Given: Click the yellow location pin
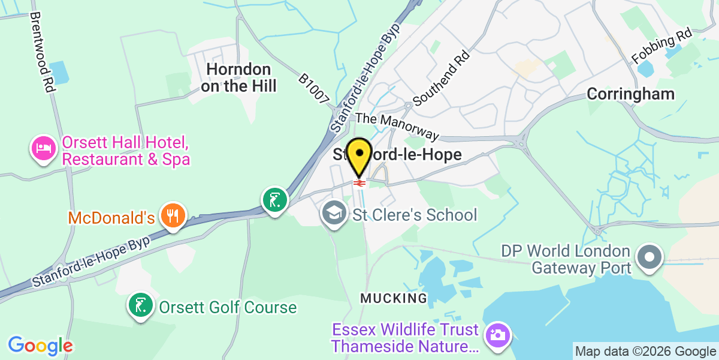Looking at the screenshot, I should coord(359,154).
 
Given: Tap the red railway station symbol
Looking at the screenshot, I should coord(359,182).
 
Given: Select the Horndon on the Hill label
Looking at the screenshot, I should coord(239,78).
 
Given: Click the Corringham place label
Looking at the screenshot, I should coord(630,94).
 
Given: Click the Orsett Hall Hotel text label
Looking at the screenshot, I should coord(126,152).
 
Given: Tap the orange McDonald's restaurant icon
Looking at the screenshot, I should coord(173,216).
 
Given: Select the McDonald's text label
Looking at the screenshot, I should coord(112,217).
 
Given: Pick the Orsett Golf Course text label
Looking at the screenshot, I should coord(228,308).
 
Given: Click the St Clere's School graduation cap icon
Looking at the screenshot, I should coord(333,214).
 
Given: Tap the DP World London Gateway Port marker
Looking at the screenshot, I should coord(649,258).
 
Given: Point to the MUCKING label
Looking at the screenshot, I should coord(394,298).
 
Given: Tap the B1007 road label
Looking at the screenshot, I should coord(314,88).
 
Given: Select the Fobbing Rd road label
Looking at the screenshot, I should coord(662,47).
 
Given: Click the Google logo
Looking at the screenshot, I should coord(40,346).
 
